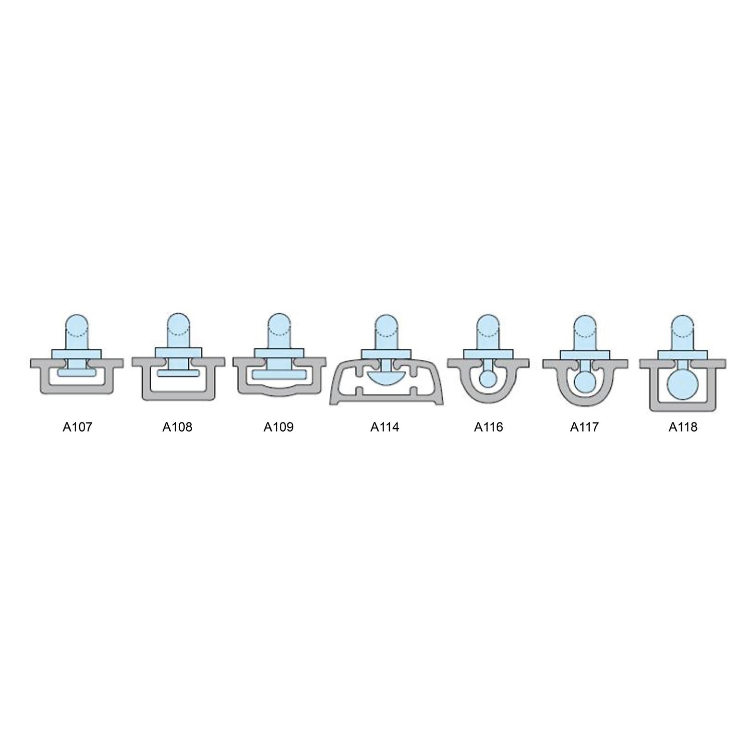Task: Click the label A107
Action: (77, 427)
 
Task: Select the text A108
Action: (177, 427)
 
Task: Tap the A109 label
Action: (278, 427)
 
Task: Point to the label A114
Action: (385, 427)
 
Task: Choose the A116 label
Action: (488, 427)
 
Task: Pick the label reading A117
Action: (584, 427)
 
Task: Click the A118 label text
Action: (683, 427)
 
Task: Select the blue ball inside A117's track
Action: (584, 382)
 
